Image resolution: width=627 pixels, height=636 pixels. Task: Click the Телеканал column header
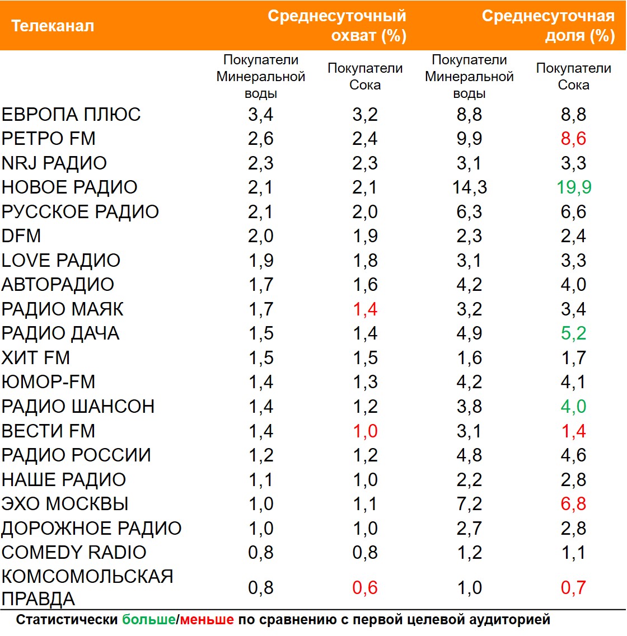click(53, 26)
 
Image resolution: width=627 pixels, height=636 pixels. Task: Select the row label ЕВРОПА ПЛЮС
click(71, 115)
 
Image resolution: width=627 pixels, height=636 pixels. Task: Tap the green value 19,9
click(574, 187)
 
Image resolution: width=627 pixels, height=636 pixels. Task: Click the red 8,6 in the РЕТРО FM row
click(574, 139)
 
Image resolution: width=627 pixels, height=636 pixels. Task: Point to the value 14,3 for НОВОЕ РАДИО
click(470, 187)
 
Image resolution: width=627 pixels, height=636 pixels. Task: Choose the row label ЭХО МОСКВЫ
click(65, 504)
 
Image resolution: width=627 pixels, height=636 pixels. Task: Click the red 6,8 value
click(574, 504)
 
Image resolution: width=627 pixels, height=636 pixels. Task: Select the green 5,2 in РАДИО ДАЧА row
click(574, 333)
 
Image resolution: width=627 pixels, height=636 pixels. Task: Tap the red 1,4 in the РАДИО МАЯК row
click(365, 309)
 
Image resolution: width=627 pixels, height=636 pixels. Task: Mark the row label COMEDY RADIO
click(74, 553)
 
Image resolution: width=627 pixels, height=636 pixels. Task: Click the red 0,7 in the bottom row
click(574, 588)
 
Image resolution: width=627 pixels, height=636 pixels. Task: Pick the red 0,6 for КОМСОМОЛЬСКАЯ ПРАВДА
click(365, 588)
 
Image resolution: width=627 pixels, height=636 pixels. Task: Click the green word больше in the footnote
click(148, 620)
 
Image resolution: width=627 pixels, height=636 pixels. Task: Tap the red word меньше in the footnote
click(207, 620)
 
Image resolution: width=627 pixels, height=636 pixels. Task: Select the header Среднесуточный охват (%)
click(337, 26)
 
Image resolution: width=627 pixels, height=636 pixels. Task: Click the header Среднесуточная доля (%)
click(549, 26)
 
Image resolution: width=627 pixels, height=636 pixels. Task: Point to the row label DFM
click(21, 236)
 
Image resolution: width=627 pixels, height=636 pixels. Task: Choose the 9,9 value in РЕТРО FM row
click(470, 139)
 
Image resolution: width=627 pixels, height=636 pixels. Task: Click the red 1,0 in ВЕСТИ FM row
click(365, 431)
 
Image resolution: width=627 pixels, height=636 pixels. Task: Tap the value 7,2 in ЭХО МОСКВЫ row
click(470, 504)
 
